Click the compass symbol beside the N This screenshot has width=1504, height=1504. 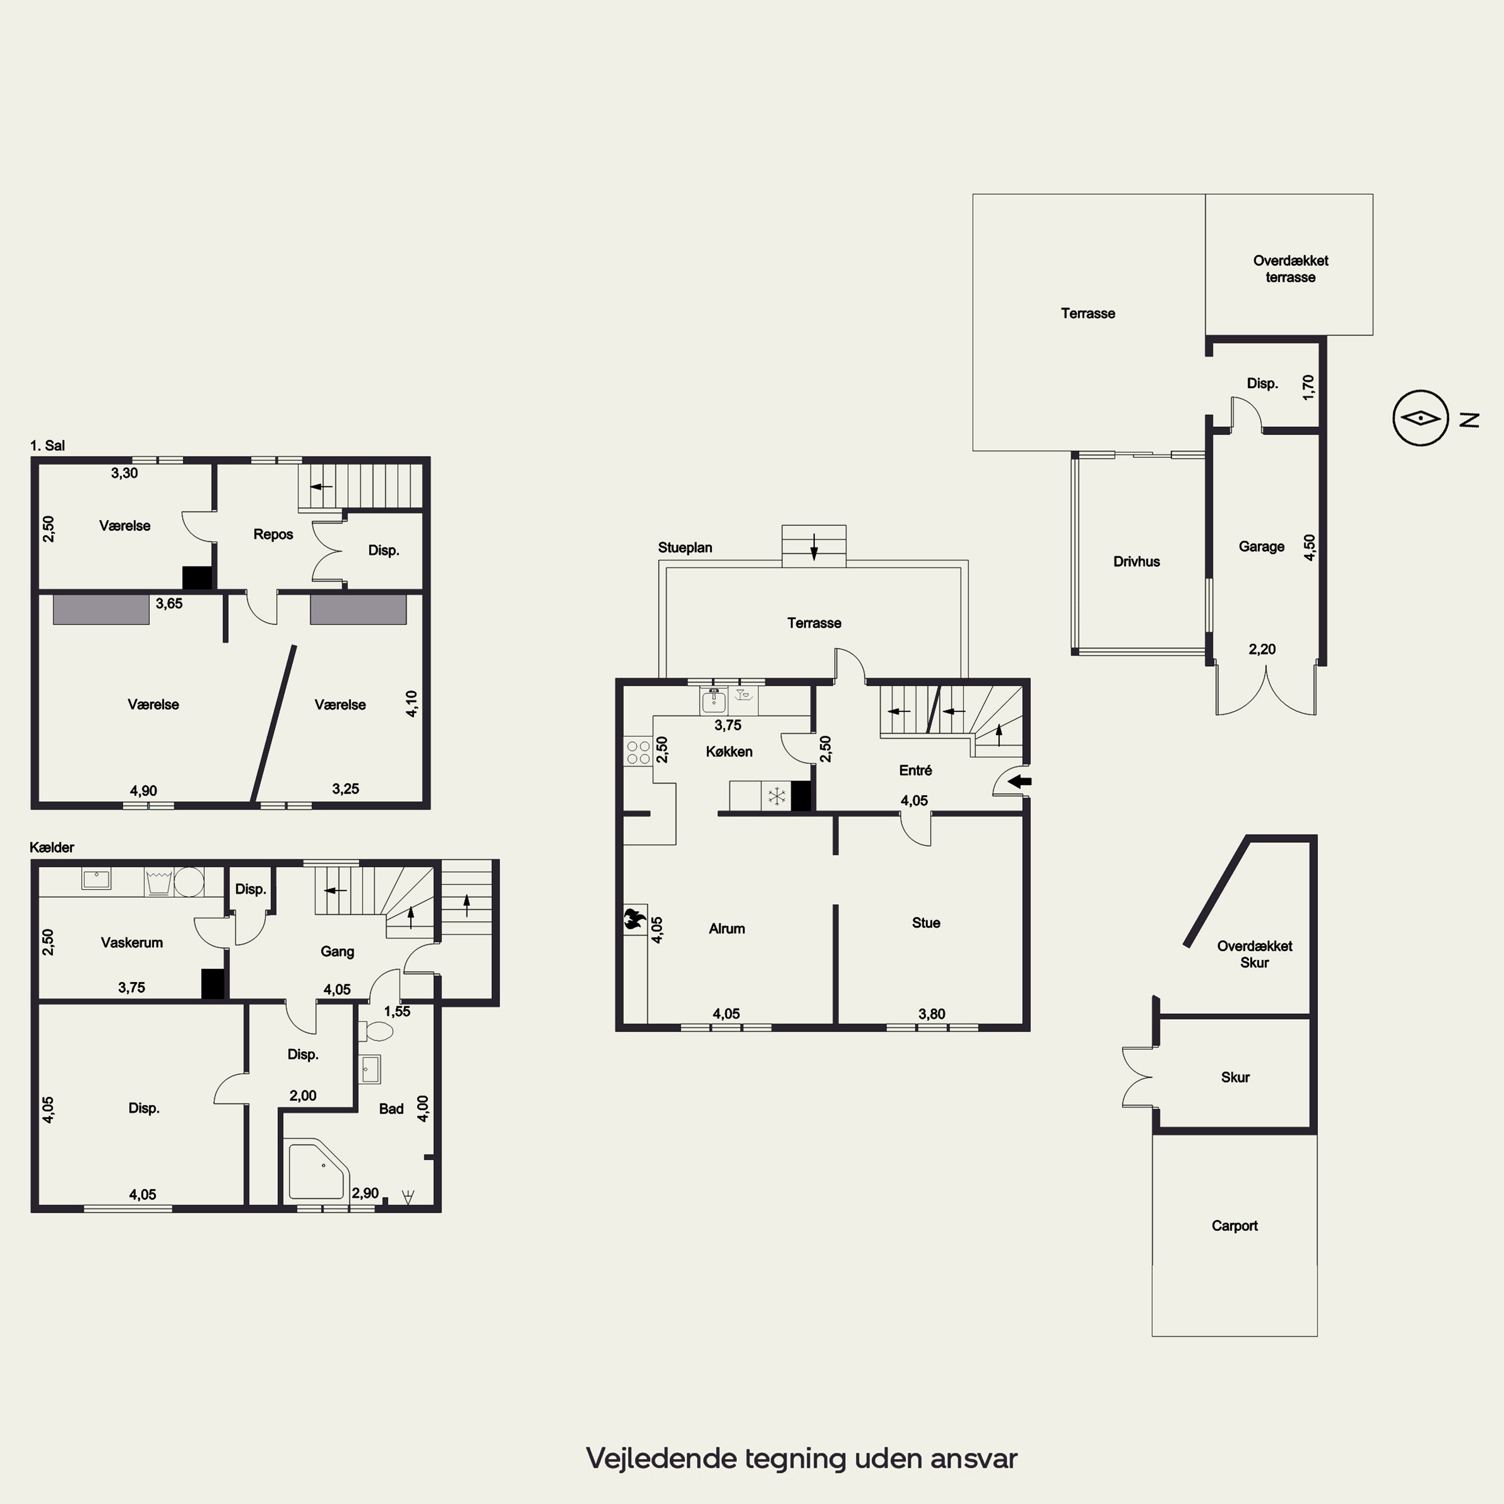[x=1421, y=418]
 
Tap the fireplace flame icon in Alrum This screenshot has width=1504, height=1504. [x=635, y=919]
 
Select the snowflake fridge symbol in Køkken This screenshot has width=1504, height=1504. [x=776, y=796]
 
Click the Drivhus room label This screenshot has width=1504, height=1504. [x=1137, y=561]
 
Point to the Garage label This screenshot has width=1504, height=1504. [x=1261, y=546]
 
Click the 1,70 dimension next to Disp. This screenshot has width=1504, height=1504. [x=1308, y=388]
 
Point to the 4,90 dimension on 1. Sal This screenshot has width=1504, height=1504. [x=143, y=790]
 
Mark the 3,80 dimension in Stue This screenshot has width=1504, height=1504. [x=932, y=1014]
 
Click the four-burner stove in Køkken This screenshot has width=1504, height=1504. [x=638, y=752]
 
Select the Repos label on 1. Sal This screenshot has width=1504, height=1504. [x=273, y=534]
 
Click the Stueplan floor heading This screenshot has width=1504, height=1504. [x=685, y=547]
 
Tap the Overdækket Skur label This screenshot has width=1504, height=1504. [x=1254, y=954]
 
